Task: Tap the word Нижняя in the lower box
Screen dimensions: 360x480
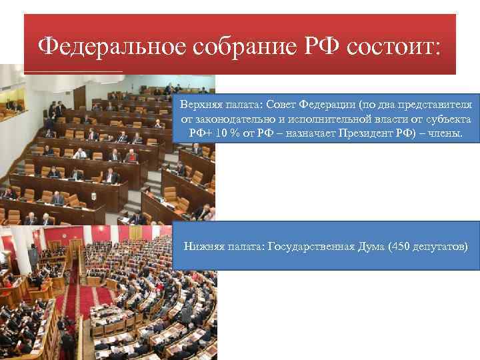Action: pyautogui.click(x=203, y=247)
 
